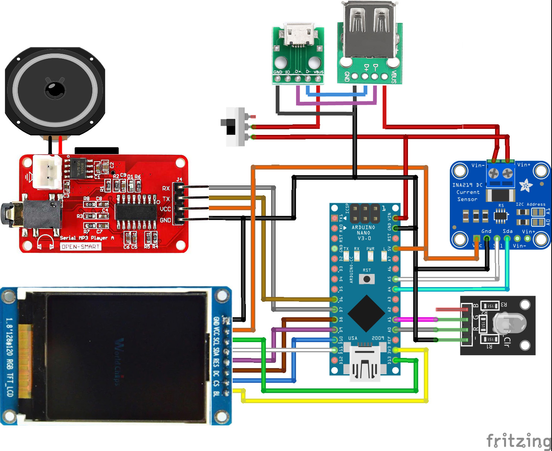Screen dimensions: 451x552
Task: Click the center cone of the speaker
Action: pyautogui.click(x=55, y=90)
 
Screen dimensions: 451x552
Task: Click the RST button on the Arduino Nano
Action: pyautogui.click(x=366, y=279)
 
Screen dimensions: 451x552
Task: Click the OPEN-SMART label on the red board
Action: pyautogui.click(x=80, y=246)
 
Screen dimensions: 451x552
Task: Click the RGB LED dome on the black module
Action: pyautogui.click(x=509, y=323)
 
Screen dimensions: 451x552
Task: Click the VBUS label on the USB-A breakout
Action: pyautogui.click(x=394, y=76)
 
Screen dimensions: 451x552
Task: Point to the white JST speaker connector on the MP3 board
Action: pyautogui.click(x=48, y=172)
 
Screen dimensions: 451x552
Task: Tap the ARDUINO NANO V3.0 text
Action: pyautogui.click(x=363, y=232)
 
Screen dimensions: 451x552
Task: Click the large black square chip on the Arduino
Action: pyautogui.click(x=365, y=313)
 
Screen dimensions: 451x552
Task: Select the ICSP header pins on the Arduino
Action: pyautogui.click(x=365, y=213)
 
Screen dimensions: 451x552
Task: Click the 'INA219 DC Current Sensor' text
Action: pyautogui.click(x=468, y=192)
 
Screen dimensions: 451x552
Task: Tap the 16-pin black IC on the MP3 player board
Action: pyautogui.click(x=136, y=212)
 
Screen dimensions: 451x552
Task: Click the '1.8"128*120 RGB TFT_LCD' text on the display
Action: pyautogui.click(x=9, y=356)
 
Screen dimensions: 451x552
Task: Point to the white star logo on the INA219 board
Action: pyautogui.click(x=526, y=185)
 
